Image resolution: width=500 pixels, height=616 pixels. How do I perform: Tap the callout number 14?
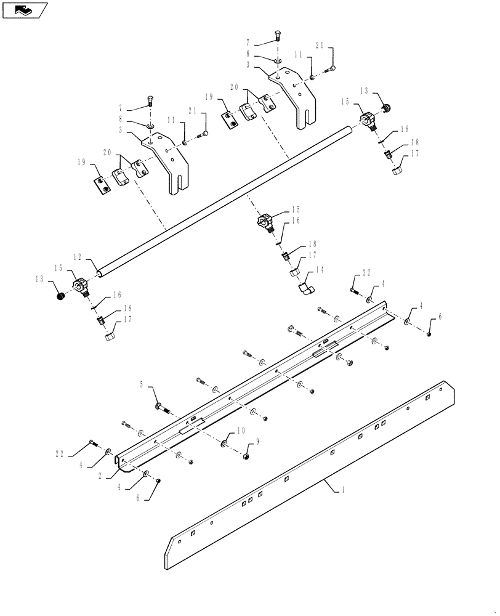pos(320,269)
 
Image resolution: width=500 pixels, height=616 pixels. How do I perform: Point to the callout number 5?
pos(141,385)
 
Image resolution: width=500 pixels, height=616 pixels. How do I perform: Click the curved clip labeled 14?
pos(305,288)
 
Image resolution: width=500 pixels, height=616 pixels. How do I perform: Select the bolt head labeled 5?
pos(159,404)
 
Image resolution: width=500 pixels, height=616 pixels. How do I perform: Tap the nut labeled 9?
pos(247,456)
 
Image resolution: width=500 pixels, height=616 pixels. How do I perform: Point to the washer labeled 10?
pos(223,444)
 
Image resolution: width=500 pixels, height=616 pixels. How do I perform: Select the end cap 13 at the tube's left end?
pos(61,297)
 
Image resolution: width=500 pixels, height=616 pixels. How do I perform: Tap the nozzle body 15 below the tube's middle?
pos(265,221)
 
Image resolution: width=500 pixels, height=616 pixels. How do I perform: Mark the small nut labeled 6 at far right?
pos(429,334)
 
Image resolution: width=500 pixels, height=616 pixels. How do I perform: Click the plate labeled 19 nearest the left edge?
pos(102,185)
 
